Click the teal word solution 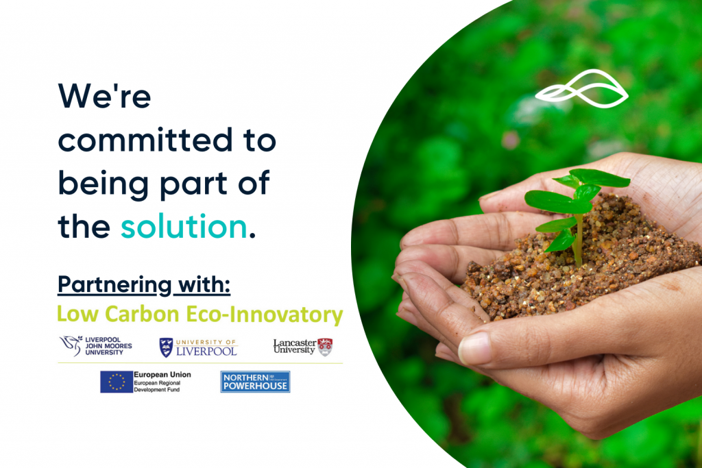[184, 226]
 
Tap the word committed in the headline [145, 140]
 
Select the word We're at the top [104, 96]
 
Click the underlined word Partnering [114, 285]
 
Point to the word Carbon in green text [142, 314]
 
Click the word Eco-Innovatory [264, 315]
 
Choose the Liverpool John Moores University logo [96, 346]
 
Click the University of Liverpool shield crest [166, 347]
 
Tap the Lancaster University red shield [325, 347]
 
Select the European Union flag [117, 382]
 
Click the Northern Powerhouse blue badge [255, 382]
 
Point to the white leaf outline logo [581, 88]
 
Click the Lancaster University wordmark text [295, 346]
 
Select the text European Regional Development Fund [157, 386]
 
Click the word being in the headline [104, 184]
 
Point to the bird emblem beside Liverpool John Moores [71, 345]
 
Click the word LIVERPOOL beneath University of [206, 352]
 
